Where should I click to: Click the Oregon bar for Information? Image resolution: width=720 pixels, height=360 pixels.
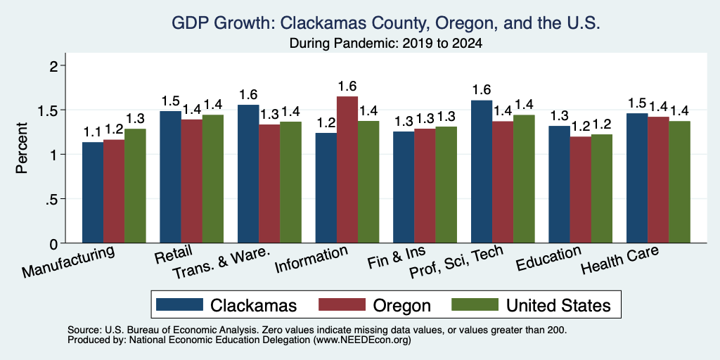(x=347, y=169)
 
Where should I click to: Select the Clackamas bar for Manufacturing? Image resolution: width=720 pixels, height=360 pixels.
(x=92, y=193)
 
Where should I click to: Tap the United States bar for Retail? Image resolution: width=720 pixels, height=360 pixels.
(x=212, y=179)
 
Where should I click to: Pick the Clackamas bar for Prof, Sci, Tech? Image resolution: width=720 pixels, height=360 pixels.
(x=481, y=172)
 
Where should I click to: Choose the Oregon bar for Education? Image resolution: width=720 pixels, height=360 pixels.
(x=580, y=190)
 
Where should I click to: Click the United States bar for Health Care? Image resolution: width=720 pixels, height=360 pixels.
(x=680, y=182)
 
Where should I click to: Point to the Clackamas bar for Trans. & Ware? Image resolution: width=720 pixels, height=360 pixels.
(x=248, y=174)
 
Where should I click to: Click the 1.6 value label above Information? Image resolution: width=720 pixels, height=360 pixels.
(x=347, y=86)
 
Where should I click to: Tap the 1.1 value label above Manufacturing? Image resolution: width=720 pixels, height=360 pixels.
(x=92, y=132)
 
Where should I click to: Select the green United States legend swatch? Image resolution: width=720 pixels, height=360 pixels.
(x=475, y=304)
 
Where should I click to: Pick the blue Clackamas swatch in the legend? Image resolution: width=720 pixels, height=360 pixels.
(x=179, y=304)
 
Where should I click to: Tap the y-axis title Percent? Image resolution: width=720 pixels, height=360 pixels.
(x=22, y=148)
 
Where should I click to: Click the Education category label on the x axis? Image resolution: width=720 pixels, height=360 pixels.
(x=548, y=259)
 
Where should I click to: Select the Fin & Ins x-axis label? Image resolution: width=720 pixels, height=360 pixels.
(x=397, y=257)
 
